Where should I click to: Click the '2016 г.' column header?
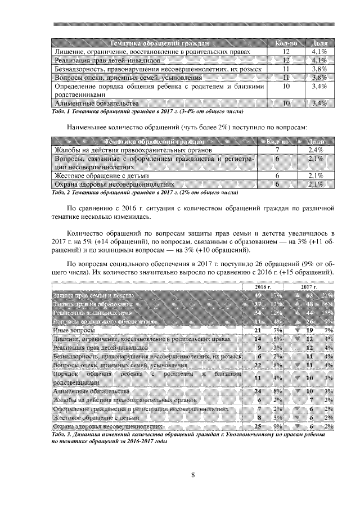(x=260, y=287)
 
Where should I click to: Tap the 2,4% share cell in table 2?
(x=316, y=151)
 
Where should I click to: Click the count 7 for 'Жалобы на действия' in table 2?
(x=277, y=151)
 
